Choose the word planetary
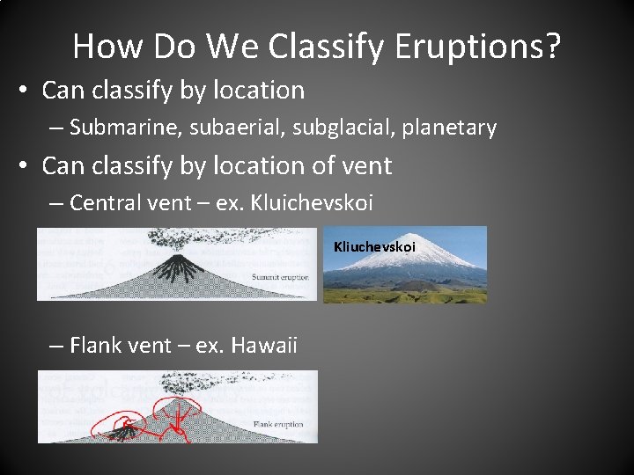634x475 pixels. pos(449,128)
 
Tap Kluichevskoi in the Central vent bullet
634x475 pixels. pos(313,203)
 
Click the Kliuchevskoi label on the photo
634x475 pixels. pos(374,247)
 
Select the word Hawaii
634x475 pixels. pos(263,346)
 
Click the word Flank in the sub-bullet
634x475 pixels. pos(95,346)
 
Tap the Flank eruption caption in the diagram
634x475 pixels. pos(277,425)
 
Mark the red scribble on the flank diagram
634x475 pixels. pos(172,418)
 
